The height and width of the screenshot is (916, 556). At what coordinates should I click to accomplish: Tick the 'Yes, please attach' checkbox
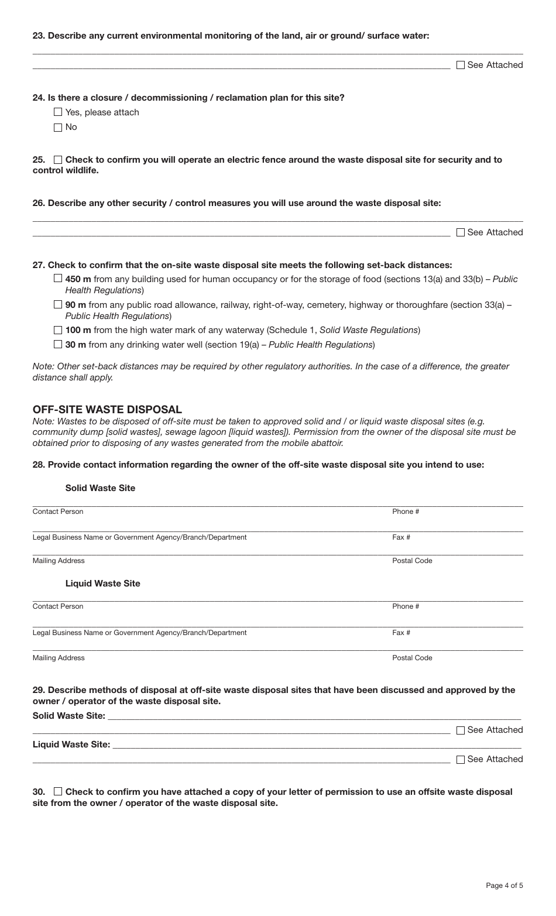pyautogui.click(x=57, y=112)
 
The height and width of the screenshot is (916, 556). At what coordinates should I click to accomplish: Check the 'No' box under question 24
pyautogui.click(x=57, y=128)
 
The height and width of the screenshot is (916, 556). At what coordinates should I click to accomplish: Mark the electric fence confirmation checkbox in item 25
pyautogui.click(x=57, y=160)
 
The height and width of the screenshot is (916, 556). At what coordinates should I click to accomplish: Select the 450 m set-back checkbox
pyautogui.click(x=57, y=279)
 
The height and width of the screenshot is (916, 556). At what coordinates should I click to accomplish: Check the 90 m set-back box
pyautogui.click(x=57, y=305)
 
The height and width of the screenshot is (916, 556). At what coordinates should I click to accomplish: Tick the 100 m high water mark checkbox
pyautogui.click(x=57, y=330)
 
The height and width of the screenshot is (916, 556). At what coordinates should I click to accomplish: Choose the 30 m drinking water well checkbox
pyautogui.click(x=57, y=345)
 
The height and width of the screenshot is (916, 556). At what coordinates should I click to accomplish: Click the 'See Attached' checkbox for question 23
pyautogui.click(x=460, y=65)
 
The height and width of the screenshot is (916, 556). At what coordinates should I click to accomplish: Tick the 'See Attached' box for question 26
pyautogui.click(x=460, y=232)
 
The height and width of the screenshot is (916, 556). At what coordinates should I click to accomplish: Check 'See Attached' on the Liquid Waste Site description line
pyautogui.click(x=460, y=759)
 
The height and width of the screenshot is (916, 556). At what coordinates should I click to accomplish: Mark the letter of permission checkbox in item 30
pyautogui.click(x=57, y=792)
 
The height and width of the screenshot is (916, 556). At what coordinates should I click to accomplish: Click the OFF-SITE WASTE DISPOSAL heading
pyautogui.click(x=107, y=410)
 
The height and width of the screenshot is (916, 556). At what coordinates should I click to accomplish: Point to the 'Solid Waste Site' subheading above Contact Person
pyautogui.click(x=100, y=488)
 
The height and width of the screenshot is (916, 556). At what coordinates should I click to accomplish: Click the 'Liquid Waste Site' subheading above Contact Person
pyautogui.click(x=102, y=584)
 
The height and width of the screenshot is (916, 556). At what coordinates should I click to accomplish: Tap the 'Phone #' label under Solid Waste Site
pyautogui.click(x=406, y=512)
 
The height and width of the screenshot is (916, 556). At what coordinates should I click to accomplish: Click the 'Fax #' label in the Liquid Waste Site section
pyautogui.click(x=401, y=633)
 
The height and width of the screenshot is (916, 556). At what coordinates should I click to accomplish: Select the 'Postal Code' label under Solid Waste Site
pyautogui.click(x=412, y=561)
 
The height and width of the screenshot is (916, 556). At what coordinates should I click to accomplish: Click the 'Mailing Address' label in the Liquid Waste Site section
pyautogui.click(x=59, y=658)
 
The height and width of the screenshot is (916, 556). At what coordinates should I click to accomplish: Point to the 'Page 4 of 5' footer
pyautogui.click(x=504, y=886)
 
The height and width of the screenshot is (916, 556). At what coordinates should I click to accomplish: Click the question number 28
pyautogui.click(x=38, y=465)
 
